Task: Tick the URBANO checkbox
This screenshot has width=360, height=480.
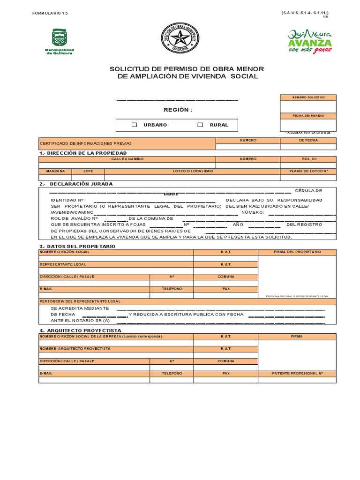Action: click(x=135, y=125)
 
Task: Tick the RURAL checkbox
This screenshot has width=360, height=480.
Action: click(x=201, y=125)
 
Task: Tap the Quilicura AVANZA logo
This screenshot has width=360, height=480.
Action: click(x=310, y=41)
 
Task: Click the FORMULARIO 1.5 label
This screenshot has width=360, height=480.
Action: click(x=50, y=15)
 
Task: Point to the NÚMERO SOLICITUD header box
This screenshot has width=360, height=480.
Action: click(x=308, y=97)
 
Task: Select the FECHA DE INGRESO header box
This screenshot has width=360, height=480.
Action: click(x=308, y=116)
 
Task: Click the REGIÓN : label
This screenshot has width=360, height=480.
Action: click(x=178, y=110)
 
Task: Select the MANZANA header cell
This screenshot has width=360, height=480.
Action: click(x=55, y=171)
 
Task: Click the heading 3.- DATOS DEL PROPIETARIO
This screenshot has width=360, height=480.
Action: click(x=77, y=246)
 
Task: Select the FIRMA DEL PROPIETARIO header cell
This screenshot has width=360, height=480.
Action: click(x=297, y=252)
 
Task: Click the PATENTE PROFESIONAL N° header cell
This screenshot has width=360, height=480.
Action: click(x=297, y=374)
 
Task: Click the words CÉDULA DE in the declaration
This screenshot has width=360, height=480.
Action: click(x=308, y=190)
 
